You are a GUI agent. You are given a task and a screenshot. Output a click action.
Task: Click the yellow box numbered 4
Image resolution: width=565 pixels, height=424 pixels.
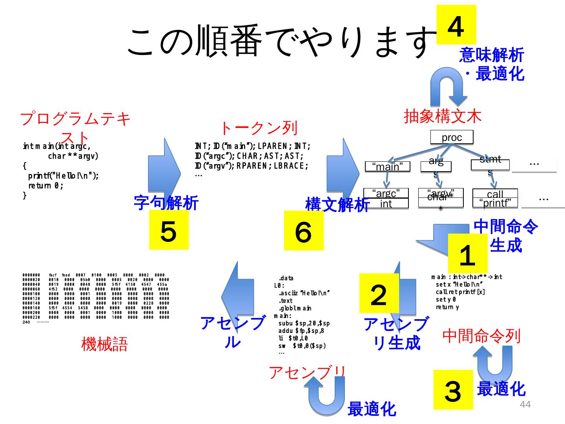point(456,25)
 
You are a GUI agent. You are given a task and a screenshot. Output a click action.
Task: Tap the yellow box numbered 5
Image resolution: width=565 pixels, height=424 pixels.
point(169,230)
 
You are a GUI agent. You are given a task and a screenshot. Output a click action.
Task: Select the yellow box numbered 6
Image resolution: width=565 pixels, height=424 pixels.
point(304,230)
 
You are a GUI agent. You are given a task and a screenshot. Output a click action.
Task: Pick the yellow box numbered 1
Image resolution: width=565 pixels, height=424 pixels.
point(467,254)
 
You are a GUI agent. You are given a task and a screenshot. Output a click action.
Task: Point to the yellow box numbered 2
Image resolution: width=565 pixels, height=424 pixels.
point(379,294)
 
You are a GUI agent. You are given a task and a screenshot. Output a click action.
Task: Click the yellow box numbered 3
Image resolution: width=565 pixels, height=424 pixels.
point(453,389)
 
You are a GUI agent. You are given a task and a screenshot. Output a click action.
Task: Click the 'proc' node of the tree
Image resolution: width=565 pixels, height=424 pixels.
point(452,137)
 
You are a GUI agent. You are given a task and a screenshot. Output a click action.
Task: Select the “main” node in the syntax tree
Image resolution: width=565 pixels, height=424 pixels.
point(387,167)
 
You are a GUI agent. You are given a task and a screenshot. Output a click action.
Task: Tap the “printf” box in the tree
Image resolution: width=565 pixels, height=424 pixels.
point(495,203)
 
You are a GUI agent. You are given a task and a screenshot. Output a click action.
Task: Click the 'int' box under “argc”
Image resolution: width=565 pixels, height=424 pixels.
point(386,203)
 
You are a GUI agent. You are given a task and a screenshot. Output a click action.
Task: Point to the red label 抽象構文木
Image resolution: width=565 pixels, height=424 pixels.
point(442,116)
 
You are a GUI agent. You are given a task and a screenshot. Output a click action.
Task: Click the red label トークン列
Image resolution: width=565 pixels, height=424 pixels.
point(258,128)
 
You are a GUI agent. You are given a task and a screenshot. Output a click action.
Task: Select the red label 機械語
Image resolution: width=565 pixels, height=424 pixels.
point(104,344)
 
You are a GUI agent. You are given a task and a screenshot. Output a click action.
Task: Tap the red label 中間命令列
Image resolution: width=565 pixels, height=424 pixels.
point(481,336)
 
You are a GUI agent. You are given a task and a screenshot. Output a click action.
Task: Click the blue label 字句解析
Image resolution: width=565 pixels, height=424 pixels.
point(166,203)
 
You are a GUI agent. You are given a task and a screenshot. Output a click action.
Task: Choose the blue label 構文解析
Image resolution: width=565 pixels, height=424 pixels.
point(337,204)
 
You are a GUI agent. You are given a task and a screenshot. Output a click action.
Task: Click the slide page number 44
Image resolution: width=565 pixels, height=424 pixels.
point(525,404)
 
